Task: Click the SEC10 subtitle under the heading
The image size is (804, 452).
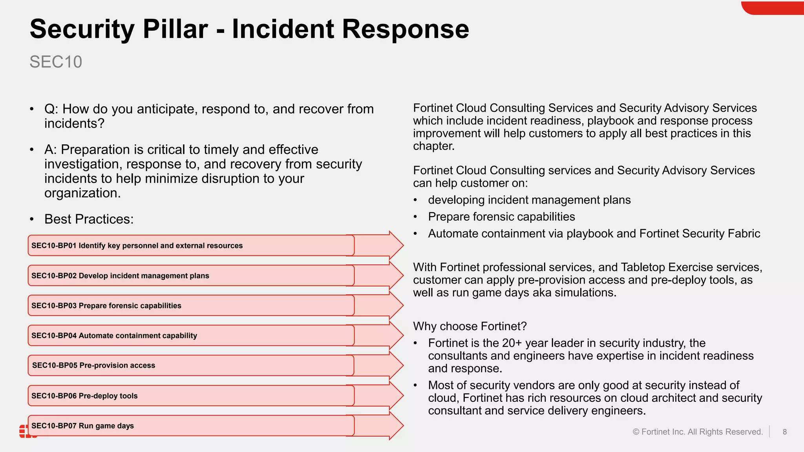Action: tap(56, 62)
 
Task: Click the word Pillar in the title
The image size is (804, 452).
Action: tap(175, 29)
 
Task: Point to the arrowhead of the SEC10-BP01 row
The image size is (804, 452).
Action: tap(395, 245)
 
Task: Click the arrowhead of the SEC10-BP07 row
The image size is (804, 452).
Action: tap(395, 426)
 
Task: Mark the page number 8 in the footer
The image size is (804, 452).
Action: tap(784, 432)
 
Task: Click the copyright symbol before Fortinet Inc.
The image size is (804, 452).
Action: tap(636, 432)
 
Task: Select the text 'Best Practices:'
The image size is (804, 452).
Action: tap(89, 219)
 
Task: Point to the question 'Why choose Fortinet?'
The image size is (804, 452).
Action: tap(470, 326)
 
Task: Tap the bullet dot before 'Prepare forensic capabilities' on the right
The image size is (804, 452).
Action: tap(415, 217)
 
